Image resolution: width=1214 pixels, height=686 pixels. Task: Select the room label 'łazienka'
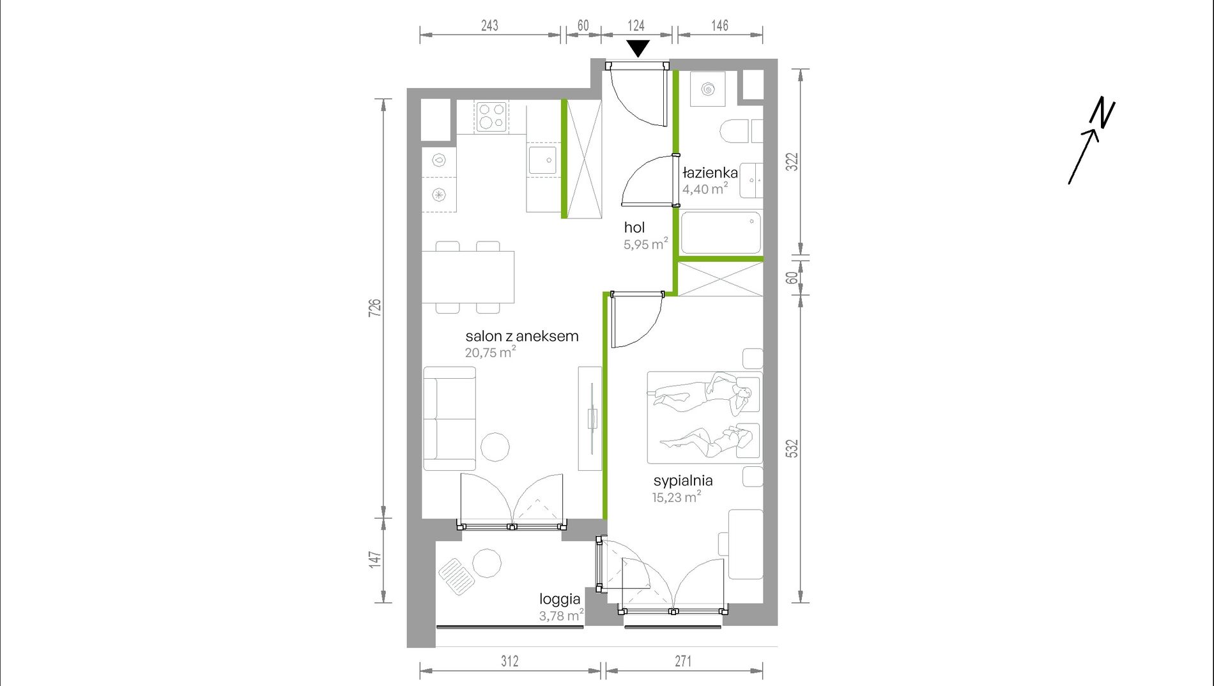(710, 172)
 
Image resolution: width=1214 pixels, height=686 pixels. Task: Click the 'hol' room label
(634, 227)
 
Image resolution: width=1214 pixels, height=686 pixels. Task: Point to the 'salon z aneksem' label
(522, 336)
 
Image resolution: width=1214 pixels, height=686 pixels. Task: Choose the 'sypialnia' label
(683, 481)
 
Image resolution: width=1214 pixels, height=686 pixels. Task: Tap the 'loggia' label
(560, 599)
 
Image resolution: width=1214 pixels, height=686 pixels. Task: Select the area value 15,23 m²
(677, 497)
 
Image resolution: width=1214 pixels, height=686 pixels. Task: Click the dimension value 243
(489, 26)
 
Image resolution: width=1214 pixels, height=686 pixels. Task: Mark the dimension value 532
(792, 448)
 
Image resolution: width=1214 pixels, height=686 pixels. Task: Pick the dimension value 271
(683, 661)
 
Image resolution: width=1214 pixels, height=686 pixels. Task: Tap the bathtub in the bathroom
(721, 233)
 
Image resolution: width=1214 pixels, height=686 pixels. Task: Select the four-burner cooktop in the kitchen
(491, 117)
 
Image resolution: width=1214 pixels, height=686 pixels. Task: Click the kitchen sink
(542, 160)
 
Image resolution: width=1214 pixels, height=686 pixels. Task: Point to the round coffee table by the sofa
(495, 446)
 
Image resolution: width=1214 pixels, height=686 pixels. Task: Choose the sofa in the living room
(450, 418)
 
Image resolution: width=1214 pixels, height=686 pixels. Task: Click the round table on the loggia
(487, 563)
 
